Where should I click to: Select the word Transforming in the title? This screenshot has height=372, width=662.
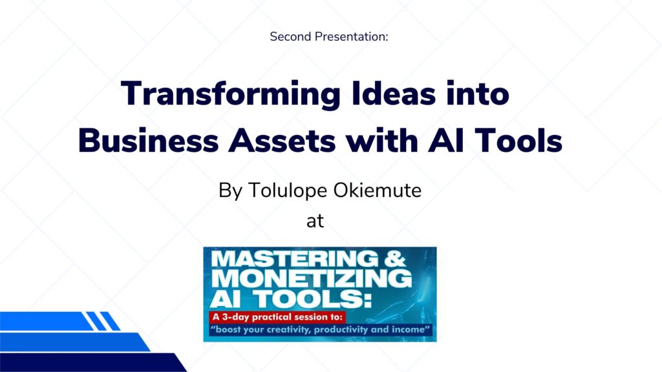coord(231,94)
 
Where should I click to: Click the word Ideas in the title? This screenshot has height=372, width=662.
coord(394,93)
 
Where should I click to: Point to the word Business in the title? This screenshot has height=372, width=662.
coord(148,140)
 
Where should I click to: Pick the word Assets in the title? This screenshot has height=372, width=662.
coord(282,141)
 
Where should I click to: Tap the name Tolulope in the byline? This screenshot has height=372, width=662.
coord(288,191)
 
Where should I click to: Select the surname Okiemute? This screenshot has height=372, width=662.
coord(377,191)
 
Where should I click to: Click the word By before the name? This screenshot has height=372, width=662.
coord(231,191)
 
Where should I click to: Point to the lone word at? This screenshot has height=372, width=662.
coord(315,221)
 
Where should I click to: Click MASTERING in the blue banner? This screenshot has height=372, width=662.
coord(295,258)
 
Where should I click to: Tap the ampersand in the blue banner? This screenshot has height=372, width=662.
coord(395,258)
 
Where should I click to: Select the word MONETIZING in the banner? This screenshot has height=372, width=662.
coord(312,278)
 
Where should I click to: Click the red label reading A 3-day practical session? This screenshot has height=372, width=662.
coord(277,317)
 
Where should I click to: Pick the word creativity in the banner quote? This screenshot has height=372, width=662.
coord(286,329)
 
